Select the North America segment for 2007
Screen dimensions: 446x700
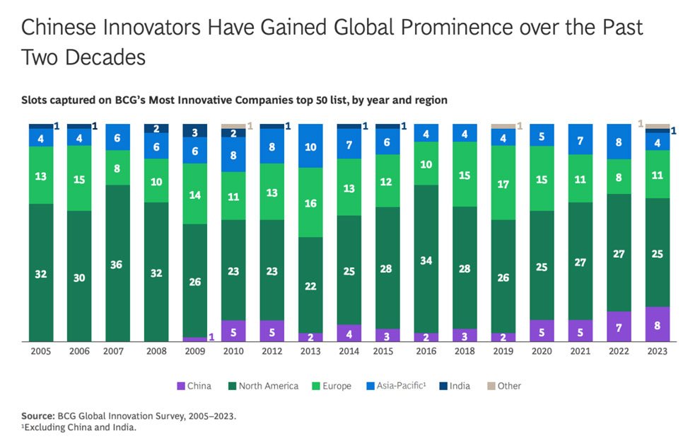pos(118,263)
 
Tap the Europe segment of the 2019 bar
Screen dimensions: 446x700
pos(503,184)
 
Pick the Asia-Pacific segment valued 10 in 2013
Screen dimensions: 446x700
pos(311,147)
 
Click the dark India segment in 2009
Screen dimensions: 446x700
pos(195,131)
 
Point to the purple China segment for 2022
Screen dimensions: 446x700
pos(619,326)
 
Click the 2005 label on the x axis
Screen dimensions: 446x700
pos(41,352)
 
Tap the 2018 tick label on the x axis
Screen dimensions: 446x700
pos(465,352)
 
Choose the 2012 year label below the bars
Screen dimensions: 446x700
pos(272,352)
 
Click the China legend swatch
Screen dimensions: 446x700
pos(181,387)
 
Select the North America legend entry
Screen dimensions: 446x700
pos(268,387)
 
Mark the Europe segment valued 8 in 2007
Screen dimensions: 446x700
pos(118,168)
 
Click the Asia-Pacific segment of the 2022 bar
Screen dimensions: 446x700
pos(619,142)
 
